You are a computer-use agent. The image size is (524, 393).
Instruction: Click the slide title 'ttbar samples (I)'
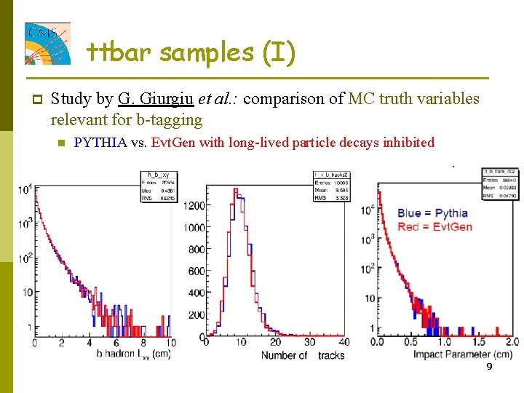tap(191, 52)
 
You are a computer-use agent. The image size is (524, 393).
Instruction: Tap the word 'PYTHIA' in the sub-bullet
tap(100, 143)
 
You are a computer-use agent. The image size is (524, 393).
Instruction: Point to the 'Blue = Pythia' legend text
tap(432, 213)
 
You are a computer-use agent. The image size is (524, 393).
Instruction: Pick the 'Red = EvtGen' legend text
tap(434, 226)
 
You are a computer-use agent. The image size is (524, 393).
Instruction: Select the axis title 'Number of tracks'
tap(303, 355)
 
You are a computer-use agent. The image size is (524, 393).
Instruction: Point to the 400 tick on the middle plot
tap(194, 293)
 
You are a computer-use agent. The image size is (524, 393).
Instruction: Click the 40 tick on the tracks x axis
tap(344, 343)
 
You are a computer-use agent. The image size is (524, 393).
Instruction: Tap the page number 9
tap(489, 367)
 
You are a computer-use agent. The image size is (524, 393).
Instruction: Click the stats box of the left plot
tap(158, 186)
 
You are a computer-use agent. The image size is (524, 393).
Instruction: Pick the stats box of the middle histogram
tap(330, 186)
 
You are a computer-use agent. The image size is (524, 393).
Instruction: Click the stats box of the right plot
tap(499, 183)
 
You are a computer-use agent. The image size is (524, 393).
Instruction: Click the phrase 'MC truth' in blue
tap(381, 99)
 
